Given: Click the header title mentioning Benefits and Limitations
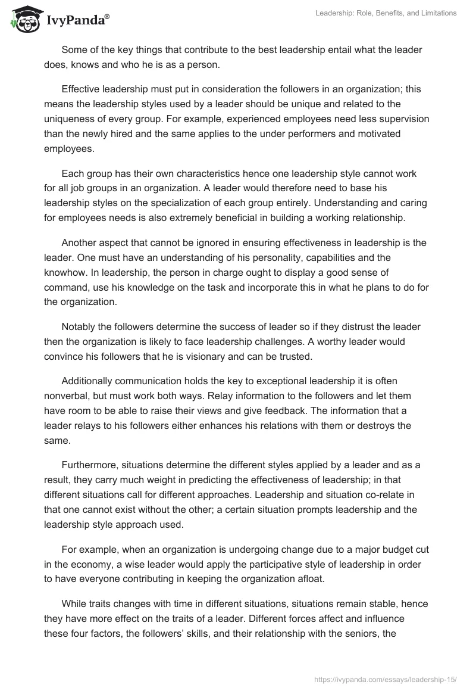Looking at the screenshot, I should click(x=386, y=13).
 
